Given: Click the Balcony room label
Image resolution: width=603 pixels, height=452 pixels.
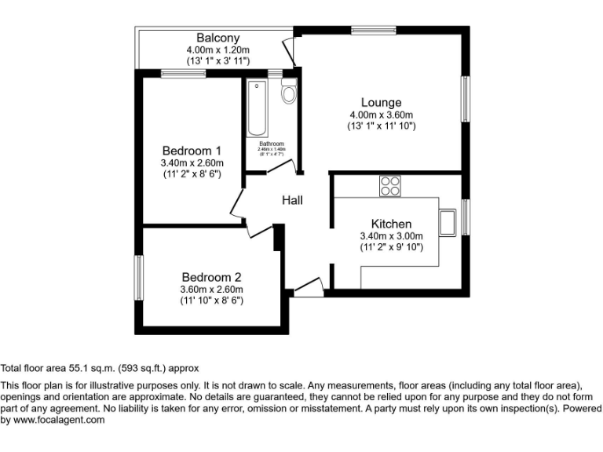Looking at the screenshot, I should tap(217, 38).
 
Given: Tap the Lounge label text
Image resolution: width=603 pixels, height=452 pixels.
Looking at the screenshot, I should tap(381, 102).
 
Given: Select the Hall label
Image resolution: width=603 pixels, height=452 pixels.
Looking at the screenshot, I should tap(292, 200).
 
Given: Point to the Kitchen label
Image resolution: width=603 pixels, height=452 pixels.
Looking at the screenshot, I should tap(391, 224).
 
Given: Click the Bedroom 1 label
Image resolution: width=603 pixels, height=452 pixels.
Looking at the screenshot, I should tap(192, 151).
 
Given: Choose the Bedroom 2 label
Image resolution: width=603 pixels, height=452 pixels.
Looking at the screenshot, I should tap(211, 277).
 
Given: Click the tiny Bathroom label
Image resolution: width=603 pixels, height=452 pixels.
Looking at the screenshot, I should tap(272, 144).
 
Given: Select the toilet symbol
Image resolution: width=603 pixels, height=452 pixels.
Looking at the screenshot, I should tap(288, 93).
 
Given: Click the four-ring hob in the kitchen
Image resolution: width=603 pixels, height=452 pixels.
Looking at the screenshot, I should tap(389, 186).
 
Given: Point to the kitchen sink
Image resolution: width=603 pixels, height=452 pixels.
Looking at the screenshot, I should tap(448, 222).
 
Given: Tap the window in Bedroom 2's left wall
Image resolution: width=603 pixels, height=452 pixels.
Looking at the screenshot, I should tap(138, 277).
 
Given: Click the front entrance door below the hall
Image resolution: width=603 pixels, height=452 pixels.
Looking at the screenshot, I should tap(309, 287).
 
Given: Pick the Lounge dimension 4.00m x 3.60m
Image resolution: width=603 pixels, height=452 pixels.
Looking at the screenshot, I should tap(381, 115).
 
